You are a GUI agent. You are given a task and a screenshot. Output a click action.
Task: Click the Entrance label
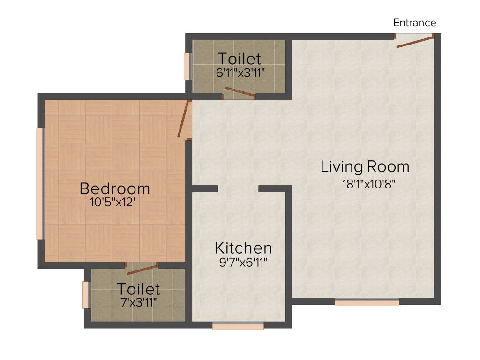pos(414,22)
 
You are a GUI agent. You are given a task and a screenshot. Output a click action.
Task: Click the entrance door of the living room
pos(414,41)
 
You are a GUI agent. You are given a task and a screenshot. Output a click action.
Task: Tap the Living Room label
pos(365,166)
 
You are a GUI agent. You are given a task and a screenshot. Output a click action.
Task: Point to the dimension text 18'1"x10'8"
pos(369,183)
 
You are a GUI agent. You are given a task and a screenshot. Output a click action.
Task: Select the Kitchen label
pos(243,247)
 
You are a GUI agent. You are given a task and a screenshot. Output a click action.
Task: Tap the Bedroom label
pos(115,188)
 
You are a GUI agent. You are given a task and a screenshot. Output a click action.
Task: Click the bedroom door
pos(184,120)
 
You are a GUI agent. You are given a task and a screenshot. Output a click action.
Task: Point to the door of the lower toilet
pos(142,269)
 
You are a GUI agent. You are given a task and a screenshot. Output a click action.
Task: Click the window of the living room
pos(367,302)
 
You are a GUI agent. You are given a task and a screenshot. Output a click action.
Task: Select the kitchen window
pos(238,326)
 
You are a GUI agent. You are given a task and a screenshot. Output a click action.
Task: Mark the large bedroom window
pos(40,183)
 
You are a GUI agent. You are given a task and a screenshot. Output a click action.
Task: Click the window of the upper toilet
pos(187,66)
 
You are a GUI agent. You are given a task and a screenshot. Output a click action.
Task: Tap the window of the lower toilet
pos(86,295)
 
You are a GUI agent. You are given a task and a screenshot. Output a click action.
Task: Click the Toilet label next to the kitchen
pos(138,289)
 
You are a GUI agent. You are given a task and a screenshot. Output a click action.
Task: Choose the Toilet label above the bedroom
pos(240,59)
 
